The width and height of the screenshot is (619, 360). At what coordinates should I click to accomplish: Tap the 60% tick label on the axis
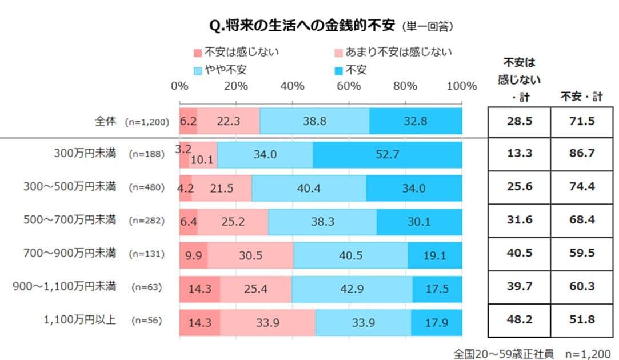point(349,86)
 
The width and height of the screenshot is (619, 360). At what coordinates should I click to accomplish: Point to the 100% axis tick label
point(461,86)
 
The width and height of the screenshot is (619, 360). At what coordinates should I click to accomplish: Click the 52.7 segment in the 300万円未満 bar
point(387,155)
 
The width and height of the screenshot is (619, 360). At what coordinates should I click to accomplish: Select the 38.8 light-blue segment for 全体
point(314,121)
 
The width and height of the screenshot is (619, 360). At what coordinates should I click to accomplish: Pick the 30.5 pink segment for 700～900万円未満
point(250,255)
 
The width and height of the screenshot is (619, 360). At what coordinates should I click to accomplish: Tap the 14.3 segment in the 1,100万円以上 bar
point(199,323)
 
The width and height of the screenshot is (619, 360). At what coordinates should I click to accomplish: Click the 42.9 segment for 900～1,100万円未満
point(352,289)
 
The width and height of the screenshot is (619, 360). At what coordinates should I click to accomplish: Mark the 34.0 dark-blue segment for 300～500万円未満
point(414,189)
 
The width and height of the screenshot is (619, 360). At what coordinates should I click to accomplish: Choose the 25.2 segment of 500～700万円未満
point(233,222)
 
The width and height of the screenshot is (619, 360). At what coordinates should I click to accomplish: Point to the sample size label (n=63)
point(147,287)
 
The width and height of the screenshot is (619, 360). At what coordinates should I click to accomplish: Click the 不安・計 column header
point(582,97)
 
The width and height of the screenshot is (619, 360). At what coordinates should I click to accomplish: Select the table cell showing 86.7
point(582,155)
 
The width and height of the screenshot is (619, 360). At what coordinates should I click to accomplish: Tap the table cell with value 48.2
point(520,322)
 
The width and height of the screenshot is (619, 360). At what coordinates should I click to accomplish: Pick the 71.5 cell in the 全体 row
point(582,121)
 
